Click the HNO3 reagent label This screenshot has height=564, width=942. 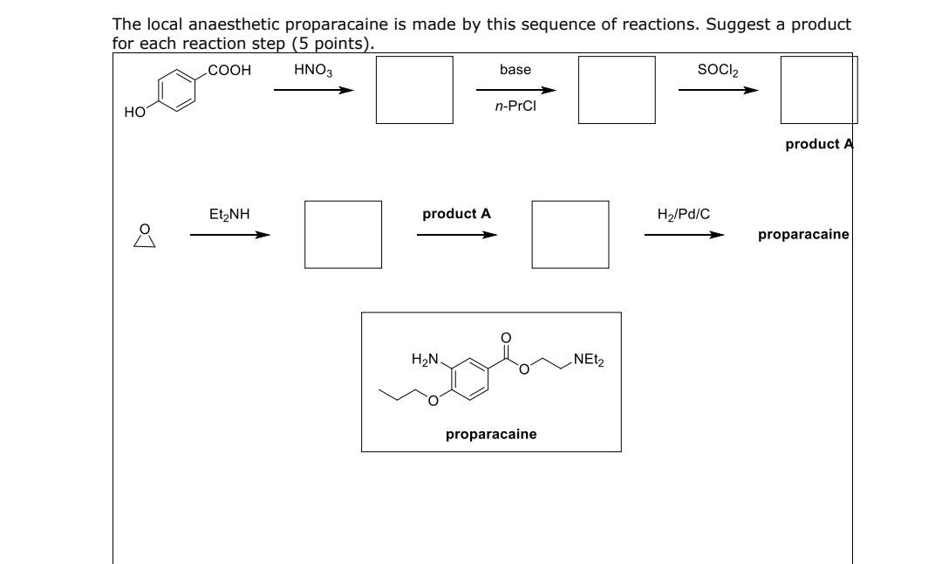(x=312, y=70)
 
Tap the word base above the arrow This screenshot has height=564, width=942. (x=515, y=70)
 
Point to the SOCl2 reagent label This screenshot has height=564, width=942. (x=717, y=70)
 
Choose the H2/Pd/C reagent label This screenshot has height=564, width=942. (x=683, y=213)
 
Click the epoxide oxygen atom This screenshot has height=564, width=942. (x=146, y=229)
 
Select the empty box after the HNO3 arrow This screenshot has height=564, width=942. (x=414, y=90)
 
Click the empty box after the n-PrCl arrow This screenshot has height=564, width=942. (x=617, y=90)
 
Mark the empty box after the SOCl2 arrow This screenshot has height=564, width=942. (x=818, y=90)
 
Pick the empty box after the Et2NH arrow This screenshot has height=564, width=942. (x=343, y=234)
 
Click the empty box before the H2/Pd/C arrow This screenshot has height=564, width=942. (x=570, y=234)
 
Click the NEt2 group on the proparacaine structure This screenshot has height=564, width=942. (x=588, y=358)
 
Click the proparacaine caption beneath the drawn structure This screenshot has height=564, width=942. (x=491, y=434)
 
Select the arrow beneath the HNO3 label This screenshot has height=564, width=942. (x=313, y=90)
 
